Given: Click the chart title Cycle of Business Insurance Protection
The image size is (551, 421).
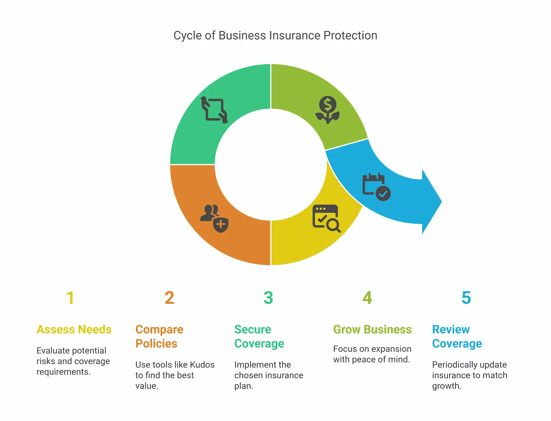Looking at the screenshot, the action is click(275, 35).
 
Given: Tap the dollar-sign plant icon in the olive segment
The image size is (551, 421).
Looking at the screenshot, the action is click(328, 110).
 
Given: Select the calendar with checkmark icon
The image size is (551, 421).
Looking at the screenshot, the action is click(376, 187).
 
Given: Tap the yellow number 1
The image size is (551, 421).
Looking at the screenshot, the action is click(70, 298).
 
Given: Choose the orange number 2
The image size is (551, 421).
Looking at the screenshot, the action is click(169, 298).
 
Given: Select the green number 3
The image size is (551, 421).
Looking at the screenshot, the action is click(268, 298).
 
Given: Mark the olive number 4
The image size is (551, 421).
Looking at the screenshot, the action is click(367, 298).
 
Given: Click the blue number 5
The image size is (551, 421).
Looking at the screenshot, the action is click(466, 298).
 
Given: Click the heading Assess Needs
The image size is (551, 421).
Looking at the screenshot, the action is click(74, 330).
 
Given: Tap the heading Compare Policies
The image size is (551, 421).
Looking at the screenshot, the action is click(159, 336).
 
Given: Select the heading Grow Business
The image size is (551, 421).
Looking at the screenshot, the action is click(372, 330).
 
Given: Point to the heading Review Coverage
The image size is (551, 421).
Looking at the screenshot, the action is click(457, 336).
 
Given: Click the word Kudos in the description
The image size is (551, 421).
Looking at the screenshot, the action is click(202, 365).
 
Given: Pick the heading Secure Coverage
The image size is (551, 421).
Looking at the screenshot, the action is click(259, 336).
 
